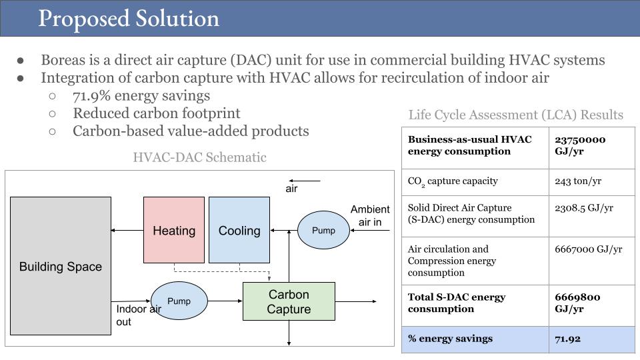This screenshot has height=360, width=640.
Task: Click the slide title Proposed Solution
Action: tap(129, 18)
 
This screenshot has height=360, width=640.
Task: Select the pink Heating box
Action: tap(174, 230)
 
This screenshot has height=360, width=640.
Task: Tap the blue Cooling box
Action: tap(239, 230)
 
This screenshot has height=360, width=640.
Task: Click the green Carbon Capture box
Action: tap(289, 301)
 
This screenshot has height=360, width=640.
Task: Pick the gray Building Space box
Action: tap(61, 266)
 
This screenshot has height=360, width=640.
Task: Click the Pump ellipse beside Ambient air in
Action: tap(323, 231)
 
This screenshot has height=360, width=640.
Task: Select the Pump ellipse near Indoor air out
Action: tap(179, 301)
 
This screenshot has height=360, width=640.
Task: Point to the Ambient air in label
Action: tap(370, 215)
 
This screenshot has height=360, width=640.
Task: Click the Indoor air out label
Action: tap(138, 315)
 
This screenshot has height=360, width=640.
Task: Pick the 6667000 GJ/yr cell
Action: tap(588, 249)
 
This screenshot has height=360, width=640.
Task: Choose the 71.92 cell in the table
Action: tap(567, 339)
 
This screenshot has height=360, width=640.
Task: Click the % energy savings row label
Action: tap(450, 339)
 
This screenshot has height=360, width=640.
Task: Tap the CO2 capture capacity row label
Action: tap(453, 181)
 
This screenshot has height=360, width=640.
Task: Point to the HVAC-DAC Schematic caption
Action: tap(199, 157)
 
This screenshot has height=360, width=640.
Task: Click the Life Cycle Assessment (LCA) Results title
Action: tap(515, 115)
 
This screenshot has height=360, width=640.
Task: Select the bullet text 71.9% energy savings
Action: tap(141, 96)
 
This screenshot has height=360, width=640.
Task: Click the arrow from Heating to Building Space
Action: tap(127, 231)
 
